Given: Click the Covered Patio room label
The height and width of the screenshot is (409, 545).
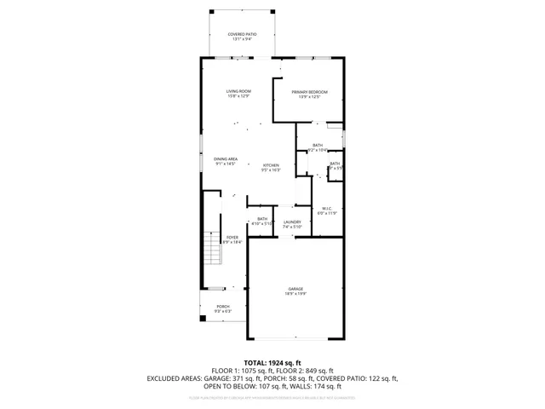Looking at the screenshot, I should point(242,34).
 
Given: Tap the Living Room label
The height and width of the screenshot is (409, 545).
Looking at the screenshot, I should point(238,91).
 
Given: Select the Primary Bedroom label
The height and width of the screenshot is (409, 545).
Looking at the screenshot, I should point(309,91).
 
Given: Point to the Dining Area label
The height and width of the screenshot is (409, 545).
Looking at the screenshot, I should point(225,158).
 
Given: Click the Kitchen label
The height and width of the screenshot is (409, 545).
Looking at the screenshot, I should point(271,164).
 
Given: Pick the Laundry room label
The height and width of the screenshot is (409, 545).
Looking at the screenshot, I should point(292,222).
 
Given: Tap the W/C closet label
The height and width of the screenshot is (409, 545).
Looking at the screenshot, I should point(326,208).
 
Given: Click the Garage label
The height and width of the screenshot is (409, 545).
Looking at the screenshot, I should point(295,289).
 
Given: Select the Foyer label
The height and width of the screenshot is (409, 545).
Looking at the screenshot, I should point(232,238).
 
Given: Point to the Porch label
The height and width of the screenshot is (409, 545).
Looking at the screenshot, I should point(222,306).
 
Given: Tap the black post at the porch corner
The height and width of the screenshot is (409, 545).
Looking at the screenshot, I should point(203,319).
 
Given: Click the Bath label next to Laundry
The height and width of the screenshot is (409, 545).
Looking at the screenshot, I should point(262,218).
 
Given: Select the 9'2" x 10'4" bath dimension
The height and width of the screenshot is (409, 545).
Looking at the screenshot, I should point(318,150).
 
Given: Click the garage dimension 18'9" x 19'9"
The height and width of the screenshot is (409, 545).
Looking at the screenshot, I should point(295,294).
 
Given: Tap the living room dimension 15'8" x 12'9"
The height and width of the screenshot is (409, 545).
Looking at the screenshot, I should point(238,96).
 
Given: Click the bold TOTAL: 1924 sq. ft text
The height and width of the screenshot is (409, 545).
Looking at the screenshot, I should point(272,362).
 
